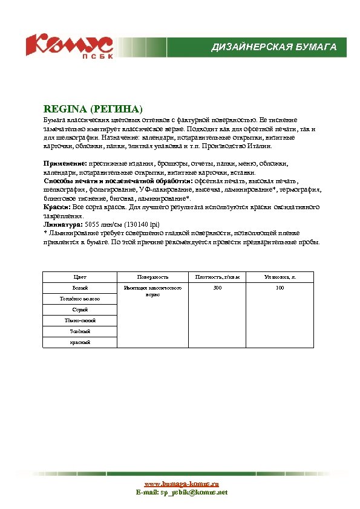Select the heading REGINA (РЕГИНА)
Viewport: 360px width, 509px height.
pos(93,109)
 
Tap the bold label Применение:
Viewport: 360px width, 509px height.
pos(65,163)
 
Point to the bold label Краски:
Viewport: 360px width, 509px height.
pos(57,207)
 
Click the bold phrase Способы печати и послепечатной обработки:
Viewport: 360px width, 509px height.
pos(118,181)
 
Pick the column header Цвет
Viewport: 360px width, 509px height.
pos(79,277)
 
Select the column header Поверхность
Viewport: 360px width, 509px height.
pos(152,277)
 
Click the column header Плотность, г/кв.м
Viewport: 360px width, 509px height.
pos(217,277)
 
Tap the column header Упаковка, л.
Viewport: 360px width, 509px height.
pos(279,277)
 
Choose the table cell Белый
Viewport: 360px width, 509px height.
pos(79,288)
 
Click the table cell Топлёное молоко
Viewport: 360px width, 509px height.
pos(79,299)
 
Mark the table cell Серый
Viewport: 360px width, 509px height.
pos(79,310)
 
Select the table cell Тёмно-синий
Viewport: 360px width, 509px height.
pos(79,320)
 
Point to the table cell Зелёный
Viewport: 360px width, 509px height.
pos(79,331)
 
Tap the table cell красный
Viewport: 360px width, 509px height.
pos(79,342)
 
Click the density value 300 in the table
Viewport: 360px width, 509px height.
pos(217,288)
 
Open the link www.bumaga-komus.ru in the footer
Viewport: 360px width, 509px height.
pos(181,484)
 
